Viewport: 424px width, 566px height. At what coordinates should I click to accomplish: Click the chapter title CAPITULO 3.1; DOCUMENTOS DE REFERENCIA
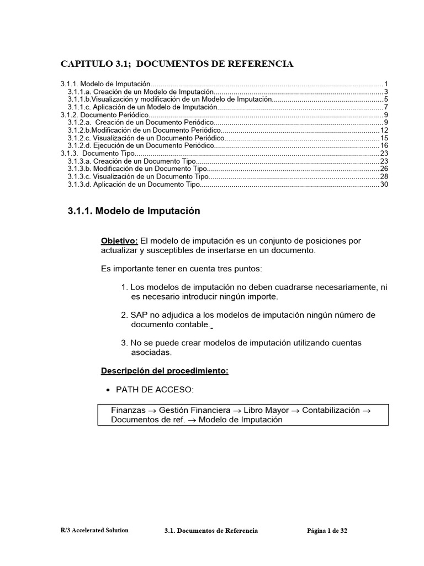[177, 64]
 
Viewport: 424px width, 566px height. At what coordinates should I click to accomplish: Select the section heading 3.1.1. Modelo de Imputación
[134, 211]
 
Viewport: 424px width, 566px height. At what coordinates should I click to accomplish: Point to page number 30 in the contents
[384, 184]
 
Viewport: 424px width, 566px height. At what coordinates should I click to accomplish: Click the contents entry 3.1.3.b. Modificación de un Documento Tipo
[137, 169]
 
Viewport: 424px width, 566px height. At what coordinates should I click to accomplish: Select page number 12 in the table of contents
[384, 130]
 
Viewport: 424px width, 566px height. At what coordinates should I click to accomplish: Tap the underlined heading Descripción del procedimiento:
[165, 371]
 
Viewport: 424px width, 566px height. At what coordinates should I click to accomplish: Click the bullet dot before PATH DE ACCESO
[108, 390]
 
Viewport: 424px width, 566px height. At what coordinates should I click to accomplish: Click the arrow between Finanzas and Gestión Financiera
[152, 411]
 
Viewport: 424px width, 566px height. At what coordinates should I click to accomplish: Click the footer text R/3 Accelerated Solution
[94, 530]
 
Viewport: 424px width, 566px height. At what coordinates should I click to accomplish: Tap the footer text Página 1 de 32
[327, 531]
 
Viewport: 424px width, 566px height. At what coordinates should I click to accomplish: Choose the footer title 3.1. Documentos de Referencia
[211, 531]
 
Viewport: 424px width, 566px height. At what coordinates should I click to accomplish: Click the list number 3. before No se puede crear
[124, 343]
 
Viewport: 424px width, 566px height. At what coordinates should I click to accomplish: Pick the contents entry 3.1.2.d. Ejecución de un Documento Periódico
[141, 145]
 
